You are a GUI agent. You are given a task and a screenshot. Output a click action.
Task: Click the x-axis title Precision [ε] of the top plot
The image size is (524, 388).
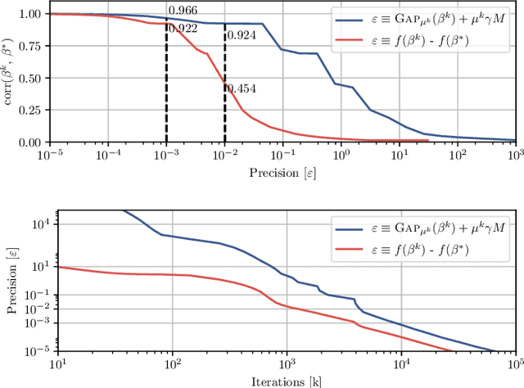pyautogui.click(x=282, y=173)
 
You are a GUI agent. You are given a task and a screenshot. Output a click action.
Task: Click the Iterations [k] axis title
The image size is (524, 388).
pyautogui.click(x=282, y=381)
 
